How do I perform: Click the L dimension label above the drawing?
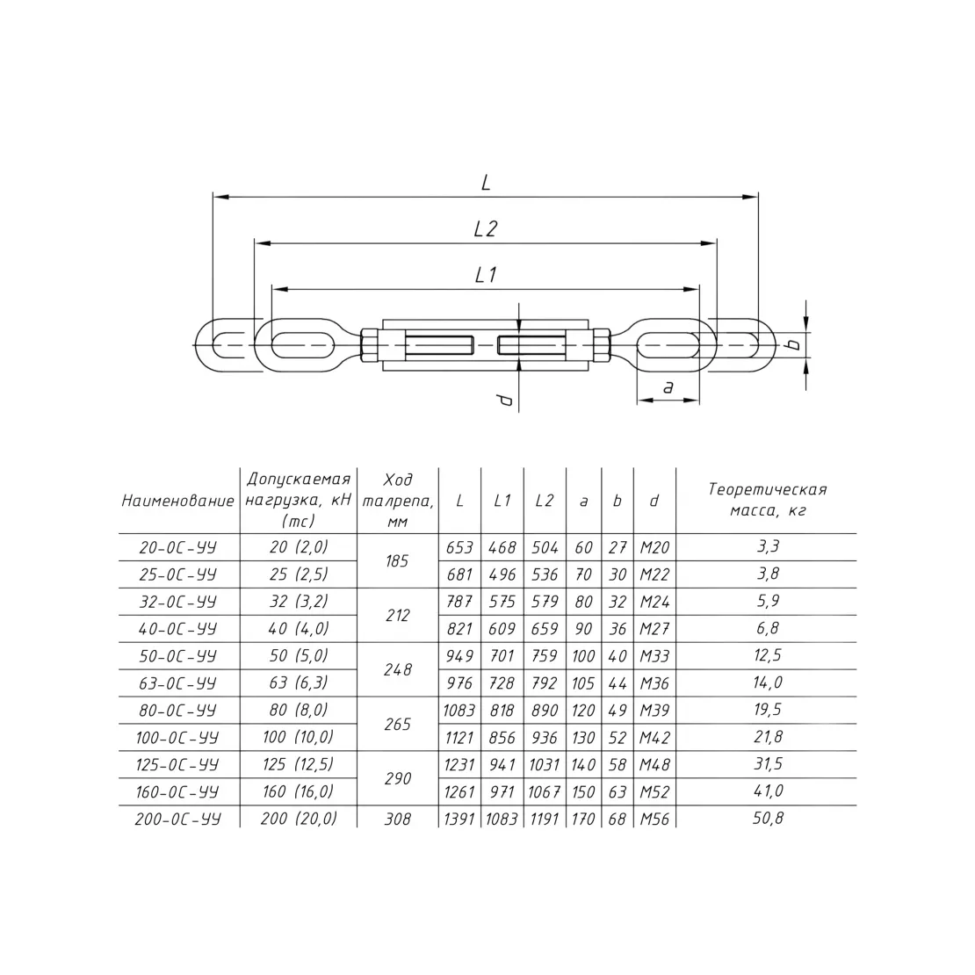(486, 182)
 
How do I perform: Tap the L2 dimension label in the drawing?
(485, 229)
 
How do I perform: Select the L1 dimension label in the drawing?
(486, 275)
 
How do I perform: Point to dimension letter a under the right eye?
(668, 387)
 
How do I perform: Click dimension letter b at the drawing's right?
(793, 343)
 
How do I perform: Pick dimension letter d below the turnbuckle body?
(506, 400)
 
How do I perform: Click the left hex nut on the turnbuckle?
(367, 344)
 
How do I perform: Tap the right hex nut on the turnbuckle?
(602, 344)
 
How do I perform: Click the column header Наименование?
(177, 502)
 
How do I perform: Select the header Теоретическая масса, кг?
(768, 500)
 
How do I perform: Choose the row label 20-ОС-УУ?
(177, 548)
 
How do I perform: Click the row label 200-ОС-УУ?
(177, 819)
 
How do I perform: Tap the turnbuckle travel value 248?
(397, 669)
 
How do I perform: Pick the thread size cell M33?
(654, 656)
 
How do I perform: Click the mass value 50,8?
(768, 819)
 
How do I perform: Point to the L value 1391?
(459, 819)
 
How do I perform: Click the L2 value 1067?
(545, 792)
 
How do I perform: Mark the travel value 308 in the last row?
(397, 819)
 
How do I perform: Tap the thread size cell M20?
(654, 548)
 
